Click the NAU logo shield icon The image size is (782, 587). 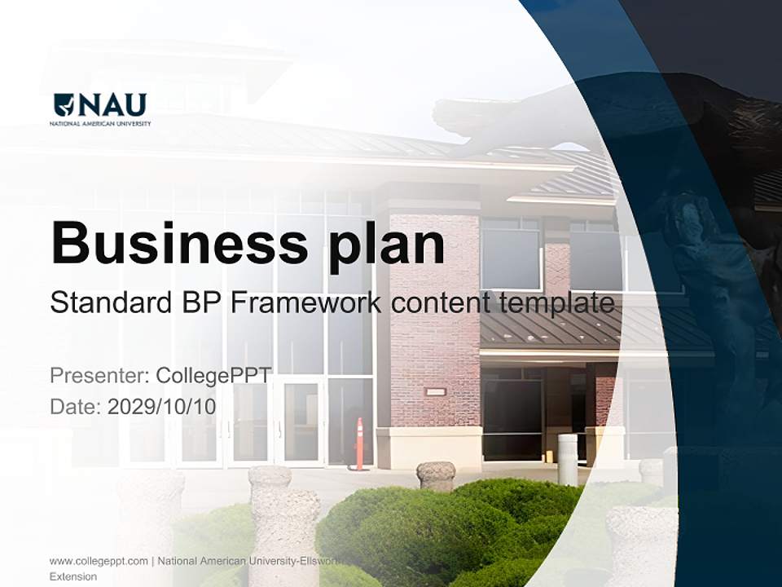[64, 105]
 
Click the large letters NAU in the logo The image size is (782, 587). [112, 105]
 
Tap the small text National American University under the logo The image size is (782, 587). [100, 123]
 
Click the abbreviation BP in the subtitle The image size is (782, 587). [199, 304]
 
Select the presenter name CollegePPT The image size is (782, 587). [213, 376]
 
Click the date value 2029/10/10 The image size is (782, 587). [162, 406]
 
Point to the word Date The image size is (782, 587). [72, 406]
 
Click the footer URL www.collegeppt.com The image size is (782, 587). [99, 561]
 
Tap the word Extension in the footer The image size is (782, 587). [73, 576]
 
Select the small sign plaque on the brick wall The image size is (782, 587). [436, 391]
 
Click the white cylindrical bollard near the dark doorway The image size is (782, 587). [567, 459]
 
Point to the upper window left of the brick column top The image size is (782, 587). [511, 258]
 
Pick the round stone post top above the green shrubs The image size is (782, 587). [436, 471]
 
